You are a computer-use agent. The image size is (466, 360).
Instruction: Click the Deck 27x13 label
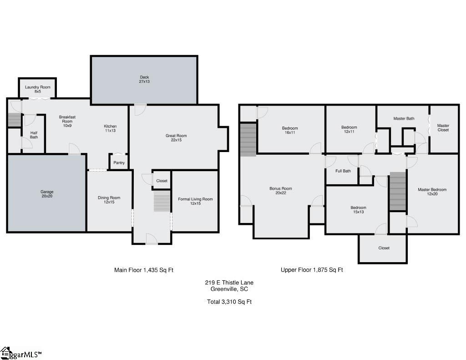click(144, 79)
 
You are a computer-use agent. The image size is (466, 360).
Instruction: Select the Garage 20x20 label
click(47, 194)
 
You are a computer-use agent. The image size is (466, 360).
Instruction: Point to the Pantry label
click(119, 163)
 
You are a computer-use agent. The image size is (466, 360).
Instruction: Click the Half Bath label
click(34, 135)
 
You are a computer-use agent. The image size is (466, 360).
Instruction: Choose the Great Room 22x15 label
click(176, 138)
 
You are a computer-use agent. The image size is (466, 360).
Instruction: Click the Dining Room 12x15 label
click(109, 200)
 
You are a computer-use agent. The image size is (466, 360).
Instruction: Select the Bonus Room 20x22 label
click(281, 191)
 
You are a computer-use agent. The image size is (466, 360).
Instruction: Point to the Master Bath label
click(404, 119)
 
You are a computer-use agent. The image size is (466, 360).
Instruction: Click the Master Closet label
click(443, 128)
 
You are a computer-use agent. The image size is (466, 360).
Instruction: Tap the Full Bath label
click(343, 171)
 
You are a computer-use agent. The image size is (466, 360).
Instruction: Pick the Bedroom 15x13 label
click(359, 209)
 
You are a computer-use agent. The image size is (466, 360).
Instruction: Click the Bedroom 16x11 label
click(290, 131)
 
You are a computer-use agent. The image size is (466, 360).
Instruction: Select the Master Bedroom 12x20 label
click(432, 192)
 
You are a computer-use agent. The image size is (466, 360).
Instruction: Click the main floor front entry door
click(152, 239)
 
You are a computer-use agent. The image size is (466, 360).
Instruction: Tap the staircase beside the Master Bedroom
click(398, 191)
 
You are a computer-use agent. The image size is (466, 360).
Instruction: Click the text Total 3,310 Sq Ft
click(229, 302)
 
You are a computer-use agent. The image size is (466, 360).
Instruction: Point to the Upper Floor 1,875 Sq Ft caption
click(312, 270)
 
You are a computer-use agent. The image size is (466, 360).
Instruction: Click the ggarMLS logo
click(21, 354)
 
